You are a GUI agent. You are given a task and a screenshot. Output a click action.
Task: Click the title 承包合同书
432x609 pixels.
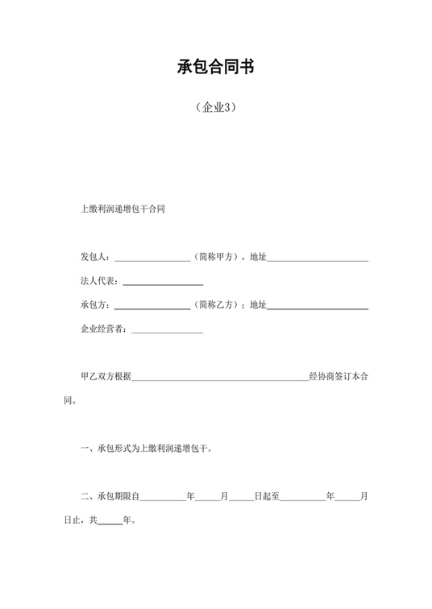tap(215, 67)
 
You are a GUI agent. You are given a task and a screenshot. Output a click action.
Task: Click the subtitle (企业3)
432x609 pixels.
tap(215, 107)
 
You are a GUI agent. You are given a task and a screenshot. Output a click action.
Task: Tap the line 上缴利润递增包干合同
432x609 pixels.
tap(123, 209)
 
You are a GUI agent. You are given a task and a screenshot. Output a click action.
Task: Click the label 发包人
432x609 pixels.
tap(95, 257)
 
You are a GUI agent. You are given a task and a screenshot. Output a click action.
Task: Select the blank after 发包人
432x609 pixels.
tap(152, 258)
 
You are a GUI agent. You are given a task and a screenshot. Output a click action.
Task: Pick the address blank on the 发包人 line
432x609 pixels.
tap(318, 258)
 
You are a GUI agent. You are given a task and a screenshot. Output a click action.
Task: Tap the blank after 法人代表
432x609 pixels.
tap(162, 282)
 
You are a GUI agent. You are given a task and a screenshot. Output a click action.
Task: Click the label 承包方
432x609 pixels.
tap(95, 305)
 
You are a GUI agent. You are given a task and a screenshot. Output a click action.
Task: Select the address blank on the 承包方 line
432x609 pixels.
tap(318, 306)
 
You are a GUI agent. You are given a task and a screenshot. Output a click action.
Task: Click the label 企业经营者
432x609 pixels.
tap(103, 329)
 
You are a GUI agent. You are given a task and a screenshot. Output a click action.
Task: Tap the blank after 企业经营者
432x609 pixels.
tap(167, 329)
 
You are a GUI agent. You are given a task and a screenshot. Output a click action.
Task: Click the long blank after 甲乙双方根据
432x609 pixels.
tap(220, 376)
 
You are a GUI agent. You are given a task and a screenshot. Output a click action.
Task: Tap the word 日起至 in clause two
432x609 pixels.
tap(267, 496)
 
